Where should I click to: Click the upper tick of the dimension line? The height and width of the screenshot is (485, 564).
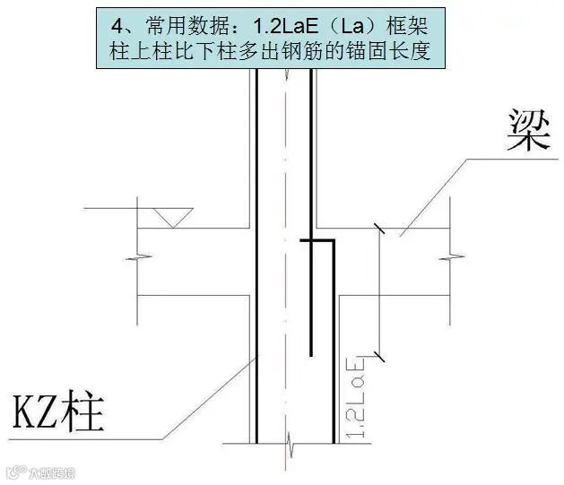381,230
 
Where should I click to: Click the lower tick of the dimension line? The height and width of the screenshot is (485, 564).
381,357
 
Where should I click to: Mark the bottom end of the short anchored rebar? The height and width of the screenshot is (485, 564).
311,351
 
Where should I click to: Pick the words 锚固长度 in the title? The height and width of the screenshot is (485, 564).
396,50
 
